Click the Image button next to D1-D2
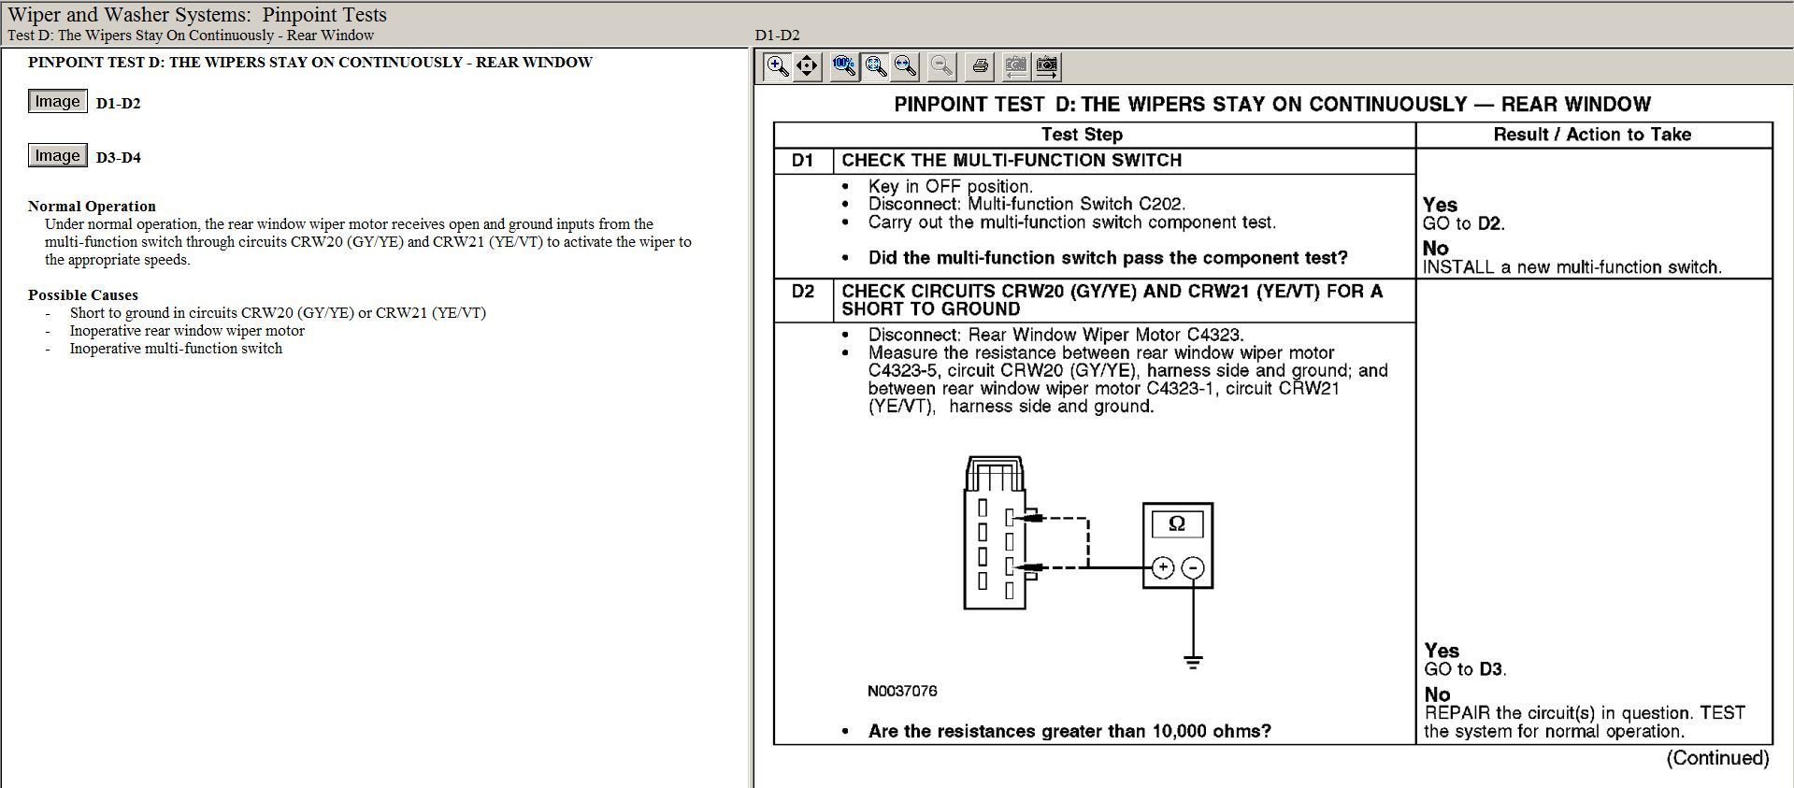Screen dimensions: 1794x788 tap(57, 102)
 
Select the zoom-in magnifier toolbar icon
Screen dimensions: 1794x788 tap(777, 65)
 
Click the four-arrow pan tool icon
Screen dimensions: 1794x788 tap(807, 65)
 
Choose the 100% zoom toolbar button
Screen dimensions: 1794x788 tap(844, 65)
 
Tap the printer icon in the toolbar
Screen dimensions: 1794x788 tap(980, 65)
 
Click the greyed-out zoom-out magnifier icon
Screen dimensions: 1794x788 tap(942, 65)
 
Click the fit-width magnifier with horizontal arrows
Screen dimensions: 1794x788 tap(905, 65)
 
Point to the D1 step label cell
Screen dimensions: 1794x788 tap(803, 161)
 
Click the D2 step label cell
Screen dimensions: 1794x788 tap(803, 292)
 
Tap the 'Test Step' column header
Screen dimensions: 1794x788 tap(1082, 135)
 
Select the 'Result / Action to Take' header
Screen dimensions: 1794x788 tap(1592, 135)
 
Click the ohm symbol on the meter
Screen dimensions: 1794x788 tap(1177, 523)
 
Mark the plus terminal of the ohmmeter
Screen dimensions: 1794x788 tap(1163, 567)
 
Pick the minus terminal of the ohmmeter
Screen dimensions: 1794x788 tap(1193, 567)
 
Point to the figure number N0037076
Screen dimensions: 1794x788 tap(902, 692)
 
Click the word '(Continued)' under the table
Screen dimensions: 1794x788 tap(1717, 758)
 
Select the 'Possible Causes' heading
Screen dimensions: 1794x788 tap(83, 295)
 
